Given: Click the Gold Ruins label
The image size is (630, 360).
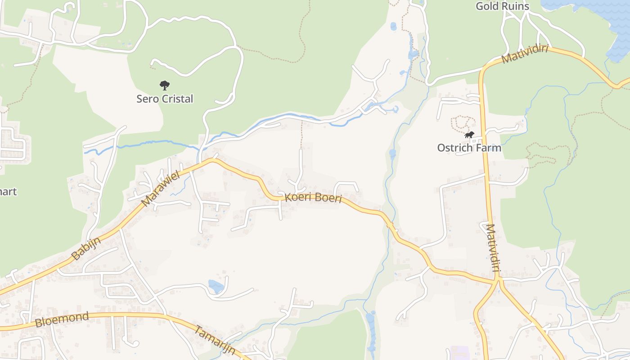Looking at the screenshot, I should tap(502, 6).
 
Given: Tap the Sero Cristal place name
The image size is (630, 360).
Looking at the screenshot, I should tap(165, 99).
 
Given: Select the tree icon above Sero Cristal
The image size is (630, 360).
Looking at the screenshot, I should tap(165, 85).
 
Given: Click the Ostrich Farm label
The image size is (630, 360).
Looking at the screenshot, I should tap(469, 148).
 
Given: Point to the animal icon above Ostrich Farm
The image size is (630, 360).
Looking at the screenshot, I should tap(469, 135).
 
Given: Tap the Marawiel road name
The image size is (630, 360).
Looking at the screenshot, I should tap(161, 188).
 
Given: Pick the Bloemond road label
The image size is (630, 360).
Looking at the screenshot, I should tap(62, 320).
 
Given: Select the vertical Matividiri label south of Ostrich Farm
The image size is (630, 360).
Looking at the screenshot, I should tap(494, 248).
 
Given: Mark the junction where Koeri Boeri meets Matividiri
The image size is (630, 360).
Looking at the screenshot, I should tap(498, 280).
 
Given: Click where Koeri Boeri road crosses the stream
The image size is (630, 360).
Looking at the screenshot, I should tap(390, 224).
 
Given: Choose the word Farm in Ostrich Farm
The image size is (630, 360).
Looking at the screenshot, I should tap(489, 148).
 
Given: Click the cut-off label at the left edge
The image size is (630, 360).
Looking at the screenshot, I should tap(8, 191).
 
